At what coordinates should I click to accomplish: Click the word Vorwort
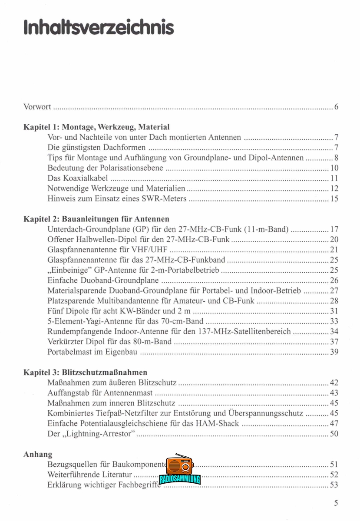[37, 107]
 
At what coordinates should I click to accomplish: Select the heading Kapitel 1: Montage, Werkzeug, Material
[96, 127]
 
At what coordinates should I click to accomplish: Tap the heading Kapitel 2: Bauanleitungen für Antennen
[96, 218]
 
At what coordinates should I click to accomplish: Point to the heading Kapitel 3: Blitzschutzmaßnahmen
[85, 372]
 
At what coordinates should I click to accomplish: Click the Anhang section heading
[37, 454]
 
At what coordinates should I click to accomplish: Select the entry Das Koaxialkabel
[78, 178]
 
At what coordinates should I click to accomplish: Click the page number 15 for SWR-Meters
[334, 199]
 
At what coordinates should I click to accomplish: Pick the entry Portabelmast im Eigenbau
[92, 352]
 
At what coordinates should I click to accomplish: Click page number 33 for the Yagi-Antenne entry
[334, 321]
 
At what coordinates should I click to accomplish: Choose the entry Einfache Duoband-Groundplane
[103, 280]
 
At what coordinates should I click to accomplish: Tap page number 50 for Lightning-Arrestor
[334, 434]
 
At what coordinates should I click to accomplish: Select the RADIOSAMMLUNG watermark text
[180, 480]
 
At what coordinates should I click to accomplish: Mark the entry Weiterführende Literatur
[90, 475]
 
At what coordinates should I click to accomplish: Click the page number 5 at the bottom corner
[336, 503]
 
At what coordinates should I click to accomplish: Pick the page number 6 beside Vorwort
[336, 107]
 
